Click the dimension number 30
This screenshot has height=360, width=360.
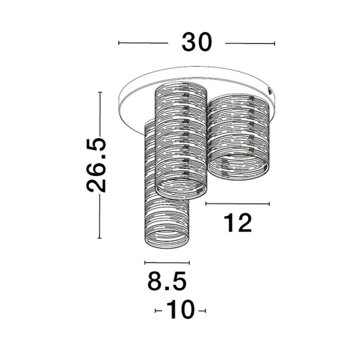click(x=196, y=43)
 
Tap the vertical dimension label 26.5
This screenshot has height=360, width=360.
click(x=96, y=165)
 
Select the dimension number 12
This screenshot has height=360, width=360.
click(x=238, y=223)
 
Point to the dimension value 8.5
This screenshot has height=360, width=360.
click(x=167, y=281)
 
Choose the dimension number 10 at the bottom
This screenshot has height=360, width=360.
click(x=181, y=310)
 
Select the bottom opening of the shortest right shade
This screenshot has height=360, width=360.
click(x=238, y=166)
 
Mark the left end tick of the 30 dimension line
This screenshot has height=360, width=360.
click(x=118, y=43)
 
